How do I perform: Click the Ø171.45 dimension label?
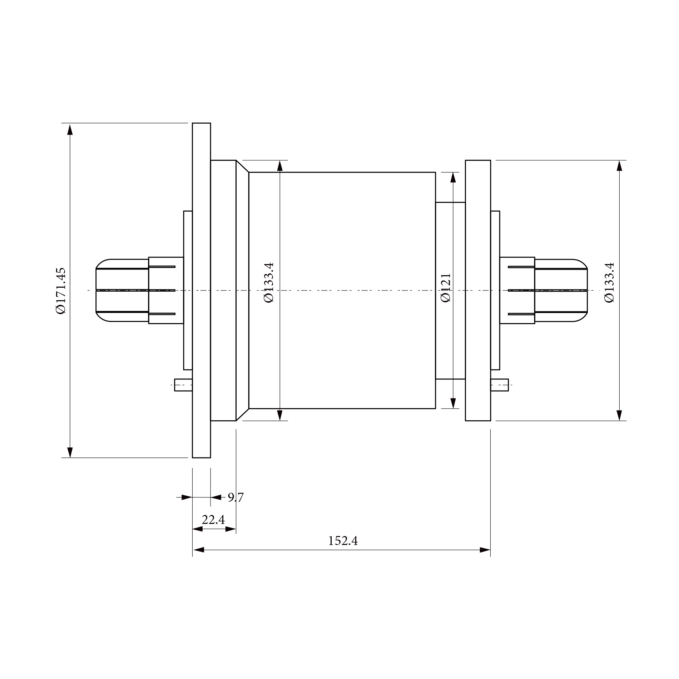pos(61,290)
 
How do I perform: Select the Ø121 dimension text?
pos(446,288)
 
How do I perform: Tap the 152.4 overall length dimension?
pos(343,541)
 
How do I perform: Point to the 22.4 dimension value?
pos(213,520)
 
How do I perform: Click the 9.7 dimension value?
pos(236,497)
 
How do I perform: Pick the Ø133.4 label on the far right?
pos(609,282)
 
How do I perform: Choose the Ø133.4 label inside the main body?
pos(269,282)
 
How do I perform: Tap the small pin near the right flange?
pos(500,385)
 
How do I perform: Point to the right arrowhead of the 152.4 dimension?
pos(485,550)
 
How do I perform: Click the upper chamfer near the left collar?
pos(243,167)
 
